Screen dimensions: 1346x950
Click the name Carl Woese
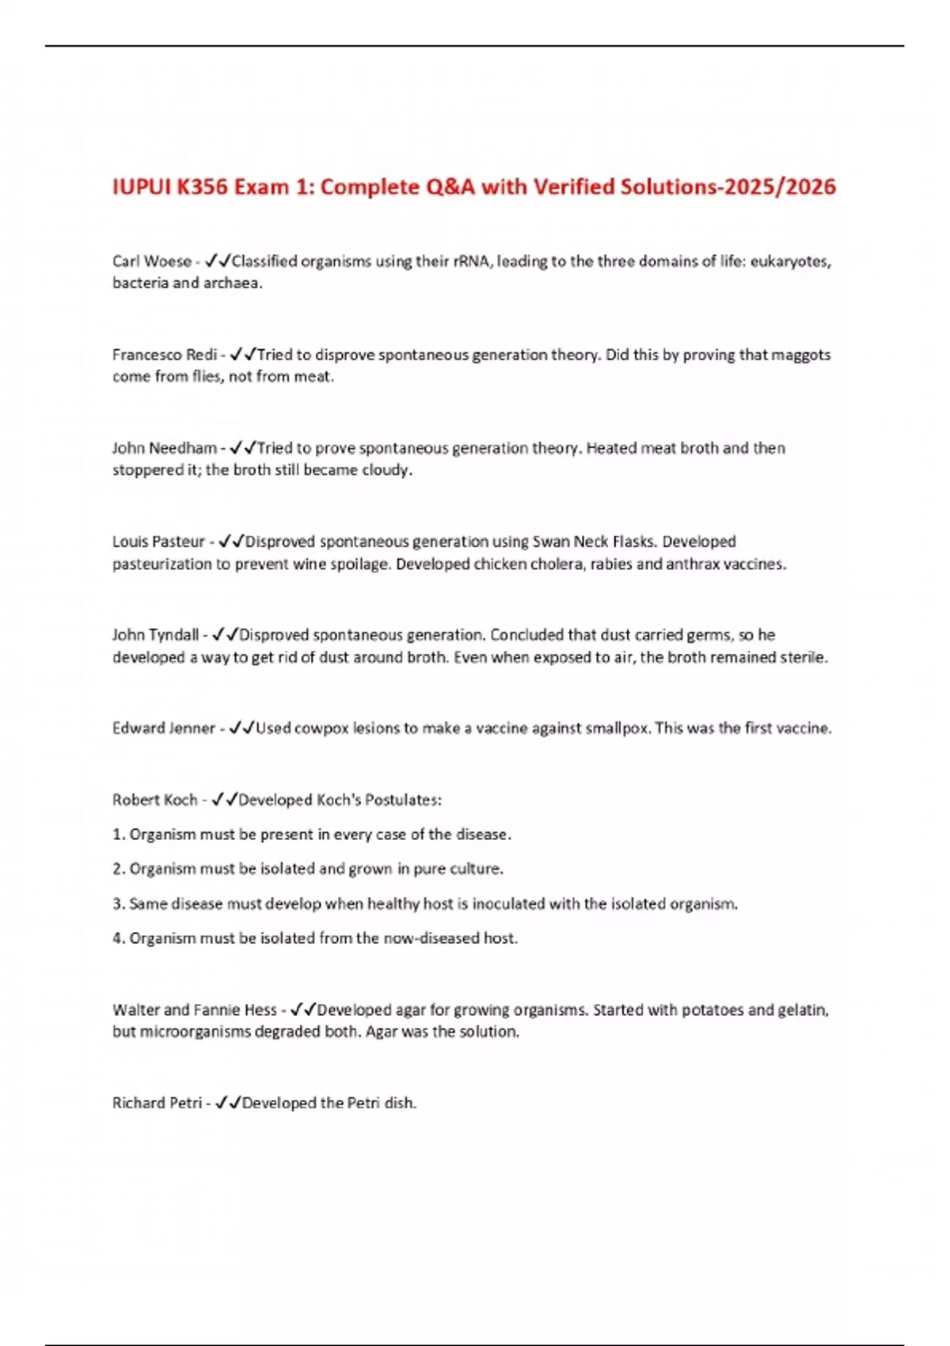click(151, 261)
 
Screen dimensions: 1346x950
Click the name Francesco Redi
click(164, 355)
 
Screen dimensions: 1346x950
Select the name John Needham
click(164, 448)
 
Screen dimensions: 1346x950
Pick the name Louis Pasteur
click(158, 542)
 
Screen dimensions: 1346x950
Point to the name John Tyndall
click(155, 635)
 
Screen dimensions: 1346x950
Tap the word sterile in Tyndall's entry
click(802, 657)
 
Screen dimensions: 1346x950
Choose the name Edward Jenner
click(163, 728)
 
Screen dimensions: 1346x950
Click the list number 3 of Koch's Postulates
click(118, 904)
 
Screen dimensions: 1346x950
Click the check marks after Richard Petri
click(228, 1103)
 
